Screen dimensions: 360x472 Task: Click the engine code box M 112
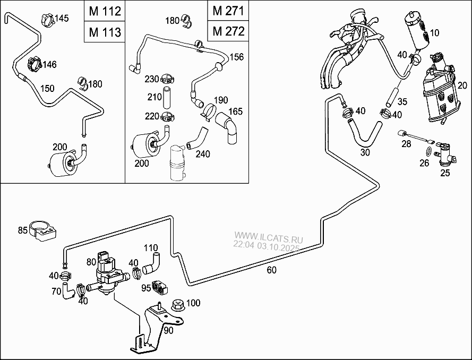104,11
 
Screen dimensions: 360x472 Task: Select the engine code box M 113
104,31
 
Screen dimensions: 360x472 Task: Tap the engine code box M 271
228,11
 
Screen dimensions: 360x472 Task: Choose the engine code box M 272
228,31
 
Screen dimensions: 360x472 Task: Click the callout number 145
62,19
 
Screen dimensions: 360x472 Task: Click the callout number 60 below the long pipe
271,270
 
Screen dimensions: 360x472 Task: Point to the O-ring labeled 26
424,152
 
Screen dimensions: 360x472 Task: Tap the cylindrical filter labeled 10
416,29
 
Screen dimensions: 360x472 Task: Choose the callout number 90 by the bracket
168,330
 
